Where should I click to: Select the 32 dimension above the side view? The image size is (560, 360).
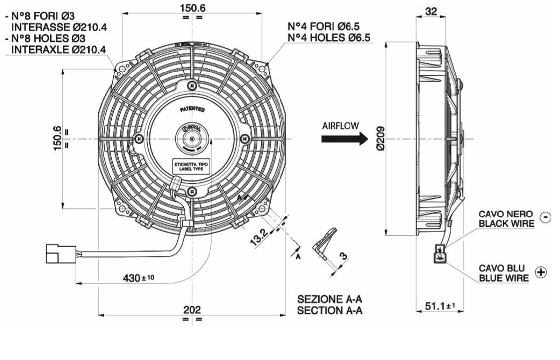(x=431, y=11)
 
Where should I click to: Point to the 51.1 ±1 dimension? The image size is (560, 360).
(x=440, y=307)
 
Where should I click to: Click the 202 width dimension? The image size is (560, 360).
(x=192, y=310)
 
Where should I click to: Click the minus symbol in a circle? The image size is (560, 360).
(x=545, y=217)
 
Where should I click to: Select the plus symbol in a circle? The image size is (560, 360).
(x=541, y=272)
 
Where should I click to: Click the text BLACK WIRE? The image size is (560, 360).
(x=506, y=223)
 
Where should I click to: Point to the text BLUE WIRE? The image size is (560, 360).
(x=504, y=278)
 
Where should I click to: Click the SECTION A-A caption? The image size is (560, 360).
(x=330, y=311)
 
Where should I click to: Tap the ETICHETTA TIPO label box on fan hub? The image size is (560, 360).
(x=191, y=166)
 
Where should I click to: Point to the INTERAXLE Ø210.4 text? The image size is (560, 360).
(x=59, y=49)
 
